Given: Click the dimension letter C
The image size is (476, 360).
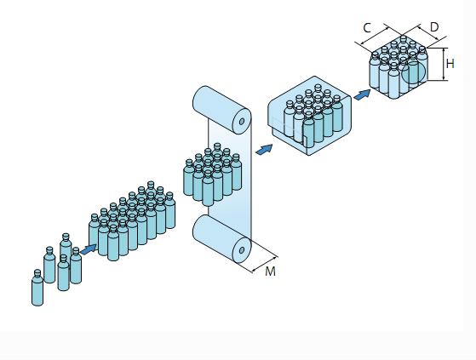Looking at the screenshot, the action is [367, 28].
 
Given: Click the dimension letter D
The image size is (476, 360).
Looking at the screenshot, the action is [434, 27].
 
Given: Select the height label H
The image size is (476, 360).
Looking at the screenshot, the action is [450, 64].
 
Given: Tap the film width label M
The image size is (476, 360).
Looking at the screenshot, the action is [270, 271].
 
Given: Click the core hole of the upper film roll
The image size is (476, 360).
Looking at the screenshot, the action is [242, 122].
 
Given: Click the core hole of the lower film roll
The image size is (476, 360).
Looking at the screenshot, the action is [242, 250].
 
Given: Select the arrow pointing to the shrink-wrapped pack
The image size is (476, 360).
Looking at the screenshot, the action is [362, 94].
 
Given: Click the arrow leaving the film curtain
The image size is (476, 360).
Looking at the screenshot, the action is [264, 150].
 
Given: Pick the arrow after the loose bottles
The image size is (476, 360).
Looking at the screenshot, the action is [88, 249].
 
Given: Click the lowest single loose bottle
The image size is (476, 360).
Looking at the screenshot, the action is [37, 288].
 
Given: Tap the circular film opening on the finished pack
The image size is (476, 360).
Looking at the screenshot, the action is [413, 72].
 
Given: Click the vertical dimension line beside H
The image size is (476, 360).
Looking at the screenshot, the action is [444, 64].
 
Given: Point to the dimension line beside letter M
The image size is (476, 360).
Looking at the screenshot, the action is [265, 264].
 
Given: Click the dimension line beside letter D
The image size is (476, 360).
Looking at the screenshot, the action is [428, 32].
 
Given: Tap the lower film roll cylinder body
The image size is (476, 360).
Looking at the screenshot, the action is [221, 238].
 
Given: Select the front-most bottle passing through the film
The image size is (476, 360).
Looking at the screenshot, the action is [208, 188].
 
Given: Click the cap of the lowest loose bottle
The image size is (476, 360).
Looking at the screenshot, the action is [37, 272].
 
